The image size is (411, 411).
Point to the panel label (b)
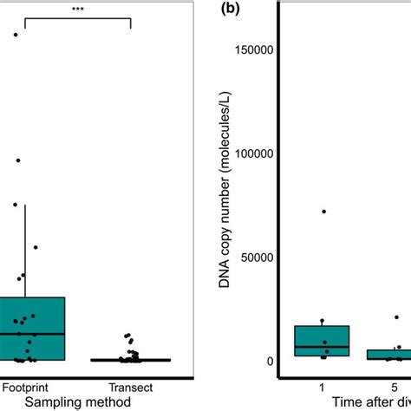(x=232, y=10)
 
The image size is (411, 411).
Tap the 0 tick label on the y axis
(x=271, y=362)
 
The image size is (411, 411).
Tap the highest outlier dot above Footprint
(x=16, y=35)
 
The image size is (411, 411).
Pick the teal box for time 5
(x=395, y=355)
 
